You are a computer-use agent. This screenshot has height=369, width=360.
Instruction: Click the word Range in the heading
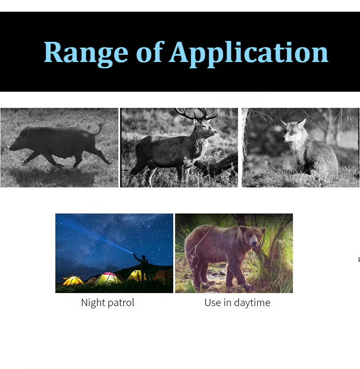coord(86,53)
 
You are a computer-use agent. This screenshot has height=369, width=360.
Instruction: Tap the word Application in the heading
coord(248,54)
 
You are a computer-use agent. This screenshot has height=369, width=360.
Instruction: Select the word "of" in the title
coord(150,52)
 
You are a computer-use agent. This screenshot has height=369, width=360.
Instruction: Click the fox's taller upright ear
coord(301,124)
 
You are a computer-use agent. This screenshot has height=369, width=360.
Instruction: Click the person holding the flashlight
coord(143,267)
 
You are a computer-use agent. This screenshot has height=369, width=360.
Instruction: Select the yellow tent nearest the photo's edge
coord(72,280)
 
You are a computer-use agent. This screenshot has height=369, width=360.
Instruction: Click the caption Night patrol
coord(108,302)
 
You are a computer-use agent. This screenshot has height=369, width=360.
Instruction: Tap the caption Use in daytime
coord(237,302)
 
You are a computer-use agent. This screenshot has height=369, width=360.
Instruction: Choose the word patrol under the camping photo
coord(121,303)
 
